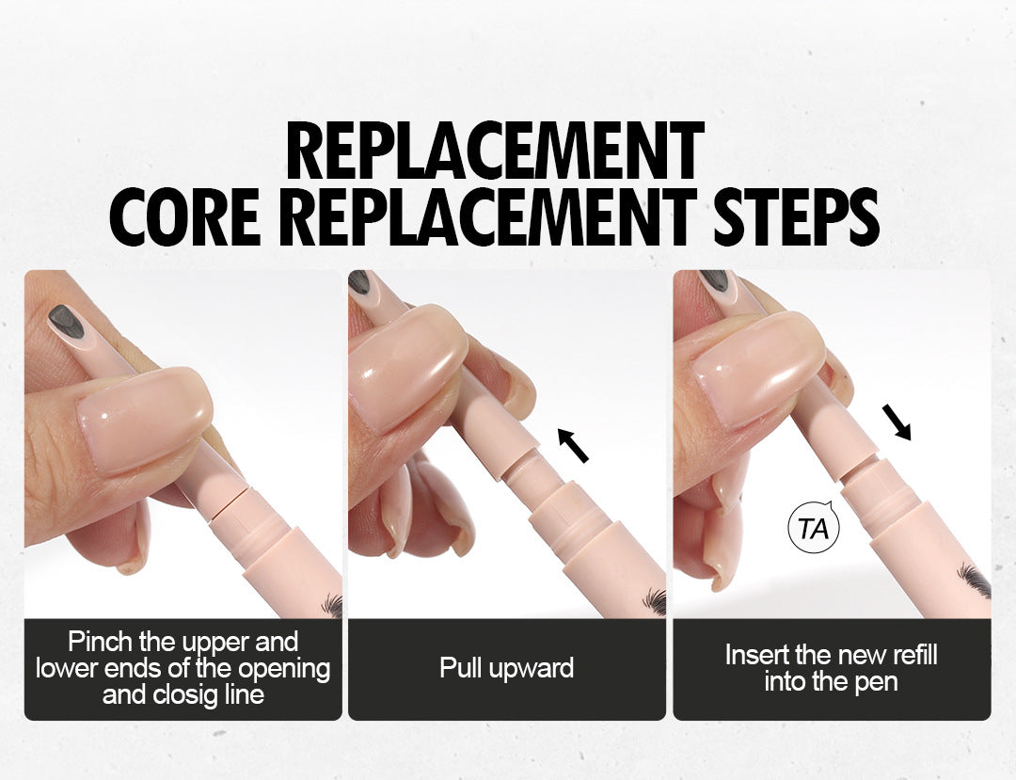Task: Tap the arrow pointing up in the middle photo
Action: click(573, 444)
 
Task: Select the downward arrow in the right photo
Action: click(897, 422)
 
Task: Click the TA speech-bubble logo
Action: click(813, 527)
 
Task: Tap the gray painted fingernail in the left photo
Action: click(67, 322)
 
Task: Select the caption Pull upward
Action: click(507, 668)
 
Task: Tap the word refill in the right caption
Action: click(912, 654)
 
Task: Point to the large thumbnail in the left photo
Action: click(146, 418)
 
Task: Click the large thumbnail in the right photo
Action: click(759, 369)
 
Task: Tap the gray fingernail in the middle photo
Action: click(359, 281)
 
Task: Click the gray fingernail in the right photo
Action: click(714, 279)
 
